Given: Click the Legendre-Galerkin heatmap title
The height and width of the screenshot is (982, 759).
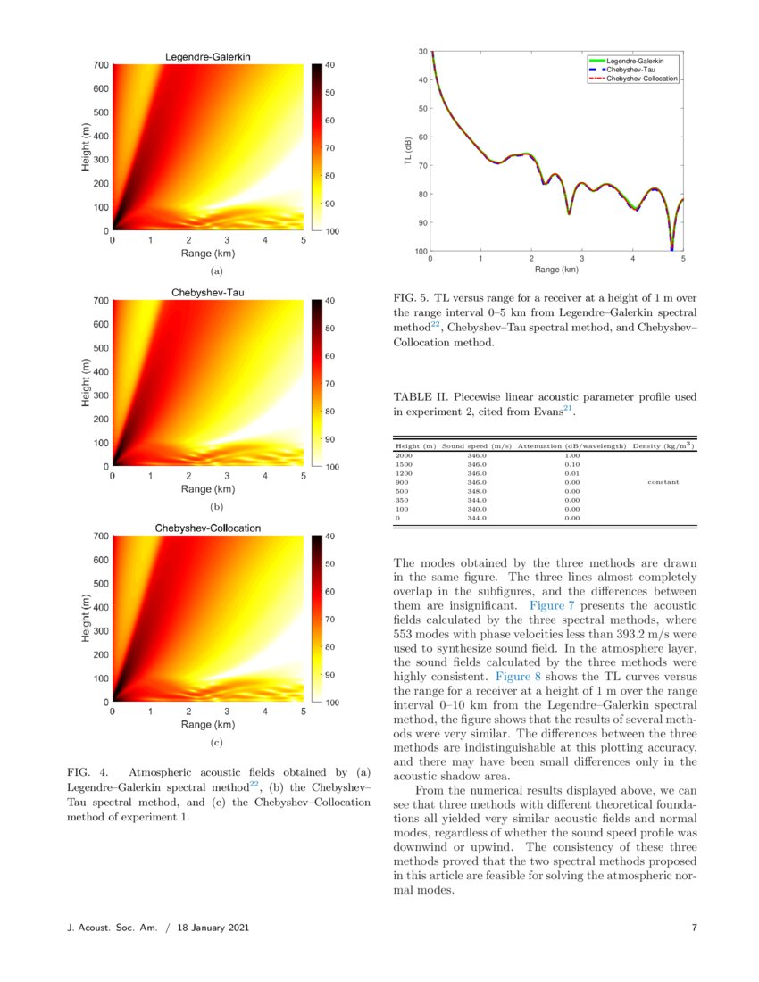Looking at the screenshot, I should pos(208,57).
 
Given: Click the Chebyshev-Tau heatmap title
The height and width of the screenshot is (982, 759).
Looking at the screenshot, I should pos(208,293).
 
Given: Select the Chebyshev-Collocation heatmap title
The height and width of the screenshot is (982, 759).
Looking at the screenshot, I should pos(208,528).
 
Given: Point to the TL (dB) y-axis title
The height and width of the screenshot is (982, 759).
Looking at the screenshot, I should pos(407,152).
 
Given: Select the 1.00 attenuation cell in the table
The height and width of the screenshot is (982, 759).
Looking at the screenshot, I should pos(572,455).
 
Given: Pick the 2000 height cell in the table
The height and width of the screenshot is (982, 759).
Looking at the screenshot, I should pos(404,455).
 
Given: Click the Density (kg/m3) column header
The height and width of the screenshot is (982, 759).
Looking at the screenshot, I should pos(663,445).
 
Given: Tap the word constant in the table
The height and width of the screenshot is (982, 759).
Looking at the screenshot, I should pos(663,481).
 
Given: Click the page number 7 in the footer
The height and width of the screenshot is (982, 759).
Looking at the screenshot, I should pos(694,928).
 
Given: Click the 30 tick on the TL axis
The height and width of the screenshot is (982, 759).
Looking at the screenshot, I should pos(421,52).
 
